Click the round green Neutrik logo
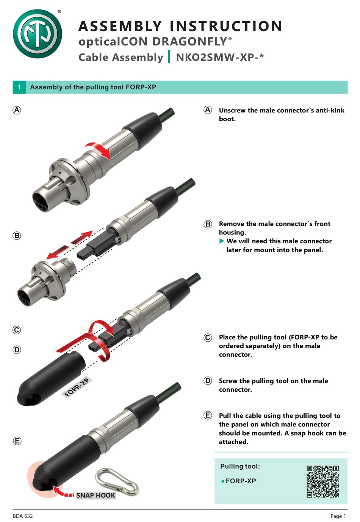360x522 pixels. pyautogui.click(x=37, y=34)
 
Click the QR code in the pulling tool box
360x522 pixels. pyautogui.click(x=322, y=481)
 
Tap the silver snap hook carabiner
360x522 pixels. pyautogui.click(x=117, y=481)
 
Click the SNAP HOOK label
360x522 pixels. pyautogui.click(x=95, y=495)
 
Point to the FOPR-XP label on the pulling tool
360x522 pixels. pyautogui.click(x=77, y=387)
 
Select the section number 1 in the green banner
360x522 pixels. pyautogui.click(x=19, y=87)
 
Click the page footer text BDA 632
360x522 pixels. pyautogui.click(x=23, y=516)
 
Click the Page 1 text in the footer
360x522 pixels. pyautogui.click(x=338, y=516)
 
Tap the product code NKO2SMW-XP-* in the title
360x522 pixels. pyautogui.click(x=220, y=57)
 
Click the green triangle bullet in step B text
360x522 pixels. pyautogui.click(x=222, y=241)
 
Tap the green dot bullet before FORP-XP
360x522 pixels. pyautogui.click(x=223, y=481)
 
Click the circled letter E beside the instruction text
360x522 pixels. pyautogui.click(x=208, y=416)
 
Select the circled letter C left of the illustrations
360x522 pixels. pyautogui.click(x=17, y=330)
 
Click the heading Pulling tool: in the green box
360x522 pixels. pyautogui.click(x=240, y=466)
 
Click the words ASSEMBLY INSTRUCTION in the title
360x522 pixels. pyautogui.click(x=180, y=26)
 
